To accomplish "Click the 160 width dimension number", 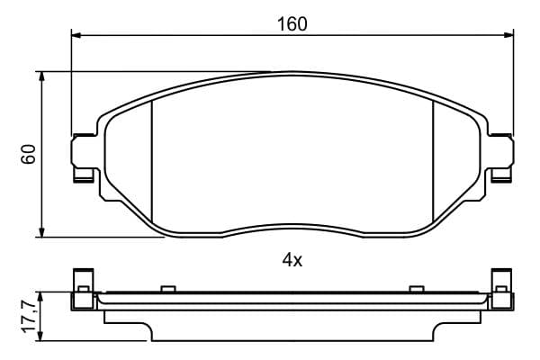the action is click(x=292, y=24).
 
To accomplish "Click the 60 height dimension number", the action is click(x=29, y=154).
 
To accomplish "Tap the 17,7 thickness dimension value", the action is click(x=30, y=317).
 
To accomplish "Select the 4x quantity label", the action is click(x=292, y=260).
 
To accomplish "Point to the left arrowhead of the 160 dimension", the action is click(x=76, y=35).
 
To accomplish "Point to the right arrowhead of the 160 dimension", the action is click(x=508, y=35).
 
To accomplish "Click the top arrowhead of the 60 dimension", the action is click(x=41, y=76).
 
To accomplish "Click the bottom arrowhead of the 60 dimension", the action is click(x=41, y=232).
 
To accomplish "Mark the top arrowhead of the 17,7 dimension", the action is click(x=40, y=298).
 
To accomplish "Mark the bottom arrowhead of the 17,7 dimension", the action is click(x=40, y=337).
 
